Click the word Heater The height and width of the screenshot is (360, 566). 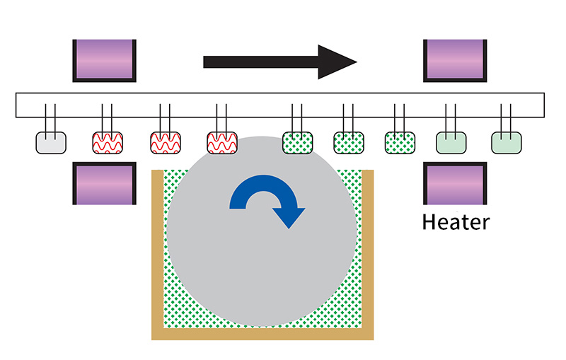(456, 222)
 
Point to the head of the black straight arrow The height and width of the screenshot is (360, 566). (357, 62)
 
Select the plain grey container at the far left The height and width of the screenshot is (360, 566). (51, 143)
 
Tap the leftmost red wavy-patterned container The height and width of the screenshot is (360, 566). (108, 143)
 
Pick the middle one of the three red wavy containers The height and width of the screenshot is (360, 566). (166, 143)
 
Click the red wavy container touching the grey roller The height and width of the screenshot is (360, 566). (222, 143)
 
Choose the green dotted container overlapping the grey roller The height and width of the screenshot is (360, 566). (297, 143)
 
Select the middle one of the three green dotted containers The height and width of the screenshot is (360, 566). (349, 143)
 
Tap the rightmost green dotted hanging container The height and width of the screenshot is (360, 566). (400, 143)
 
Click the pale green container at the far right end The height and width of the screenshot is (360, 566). (507, 143)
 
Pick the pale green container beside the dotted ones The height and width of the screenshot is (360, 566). (451, 143)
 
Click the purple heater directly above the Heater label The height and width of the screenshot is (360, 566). (455, 183)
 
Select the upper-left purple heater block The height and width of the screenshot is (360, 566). (104, 61)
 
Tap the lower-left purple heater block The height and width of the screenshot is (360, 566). (104, 183)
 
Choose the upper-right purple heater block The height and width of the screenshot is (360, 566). (455, 61)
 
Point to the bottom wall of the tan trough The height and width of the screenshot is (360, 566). (262, 334)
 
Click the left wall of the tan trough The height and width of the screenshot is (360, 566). (157, 252)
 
